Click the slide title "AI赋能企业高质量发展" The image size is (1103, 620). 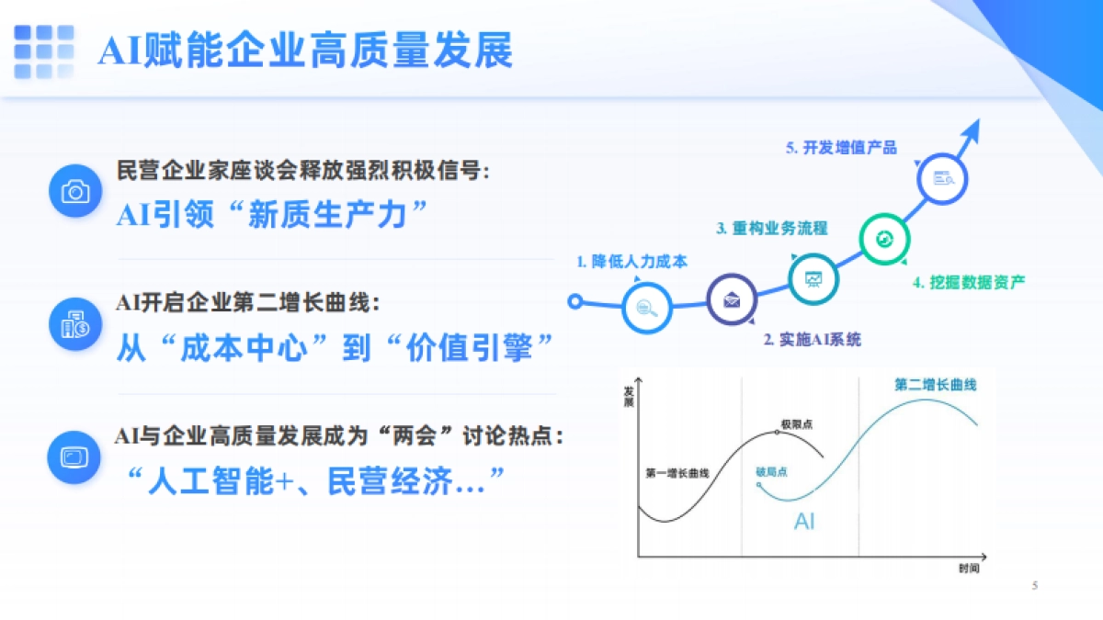click(305, 51)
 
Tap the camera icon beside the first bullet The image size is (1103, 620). click(74, 191)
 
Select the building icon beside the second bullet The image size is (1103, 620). click(74, 324)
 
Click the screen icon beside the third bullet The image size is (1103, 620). click(74, 457)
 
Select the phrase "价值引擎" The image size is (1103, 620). click(470, 347)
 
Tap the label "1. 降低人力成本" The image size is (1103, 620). click(631, 262)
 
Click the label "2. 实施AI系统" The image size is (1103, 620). click(812, 340)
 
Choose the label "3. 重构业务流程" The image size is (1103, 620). click(772, 228)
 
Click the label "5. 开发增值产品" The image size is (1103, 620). click(841, 147)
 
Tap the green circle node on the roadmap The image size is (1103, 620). click(885, 239)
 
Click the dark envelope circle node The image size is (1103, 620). click(732, 299)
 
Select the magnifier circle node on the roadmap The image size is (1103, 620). click(647, 308)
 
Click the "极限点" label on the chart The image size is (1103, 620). click(796, 423)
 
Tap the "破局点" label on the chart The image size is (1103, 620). click(771, 471)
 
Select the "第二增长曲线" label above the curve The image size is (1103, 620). click(935, 385)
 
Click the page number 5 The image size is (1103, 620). click(1035, 585)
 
